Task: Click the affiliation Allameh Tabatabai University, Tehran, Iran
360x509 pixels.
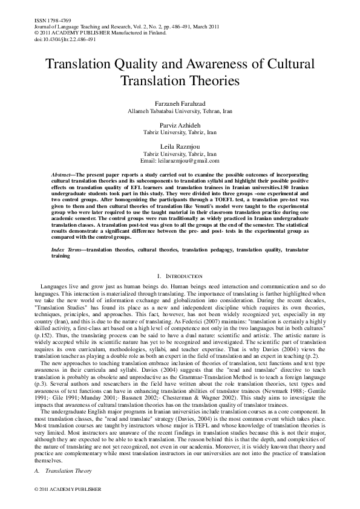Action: (180, 112)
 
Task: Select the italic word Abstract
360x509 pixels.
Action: (62, 173)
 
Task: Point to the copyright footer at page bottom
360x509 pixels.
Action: (59, 488)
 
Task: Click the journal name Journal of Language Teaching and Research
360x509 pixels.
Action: (72, 26)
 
